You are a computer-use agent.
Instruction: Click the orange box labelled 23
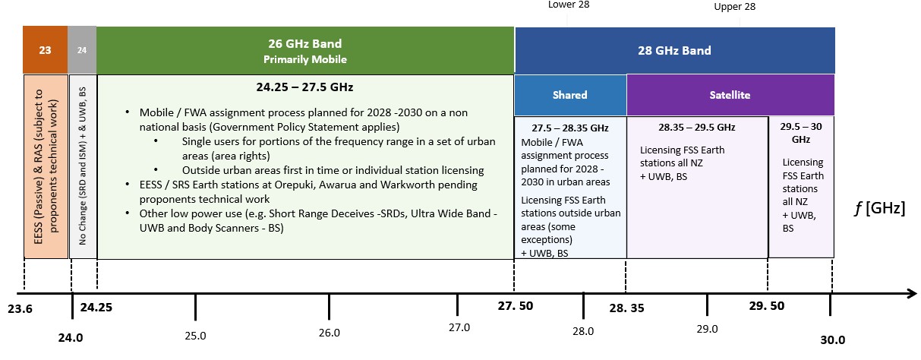(46, 50)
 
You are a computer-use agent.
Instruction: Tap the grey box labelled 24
(82, 50)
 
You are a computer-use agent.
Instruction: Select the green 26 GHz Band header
(305, 50)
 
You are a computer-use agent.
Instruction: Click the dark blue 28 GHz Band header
(674, 50)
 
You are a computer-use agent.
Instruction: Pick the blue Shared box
(570, 95)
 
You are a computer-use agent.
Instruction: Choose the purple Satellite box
(730, 95)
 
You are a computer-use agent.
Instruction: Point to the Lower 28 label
(569, 5)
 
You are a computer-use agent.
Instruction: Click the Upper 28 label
(735, 7)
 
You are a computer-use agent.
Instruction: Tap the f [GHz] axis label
(878, 207)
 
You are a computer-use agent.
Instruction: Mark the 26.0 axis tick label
(329, 333)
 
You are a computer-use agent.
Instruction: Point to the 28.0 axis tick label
(583, 330)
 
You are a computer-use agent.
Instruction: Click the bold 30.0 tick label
(831, 339)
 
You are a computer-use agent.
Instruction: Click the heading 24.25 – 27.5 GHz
(304, 87)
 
